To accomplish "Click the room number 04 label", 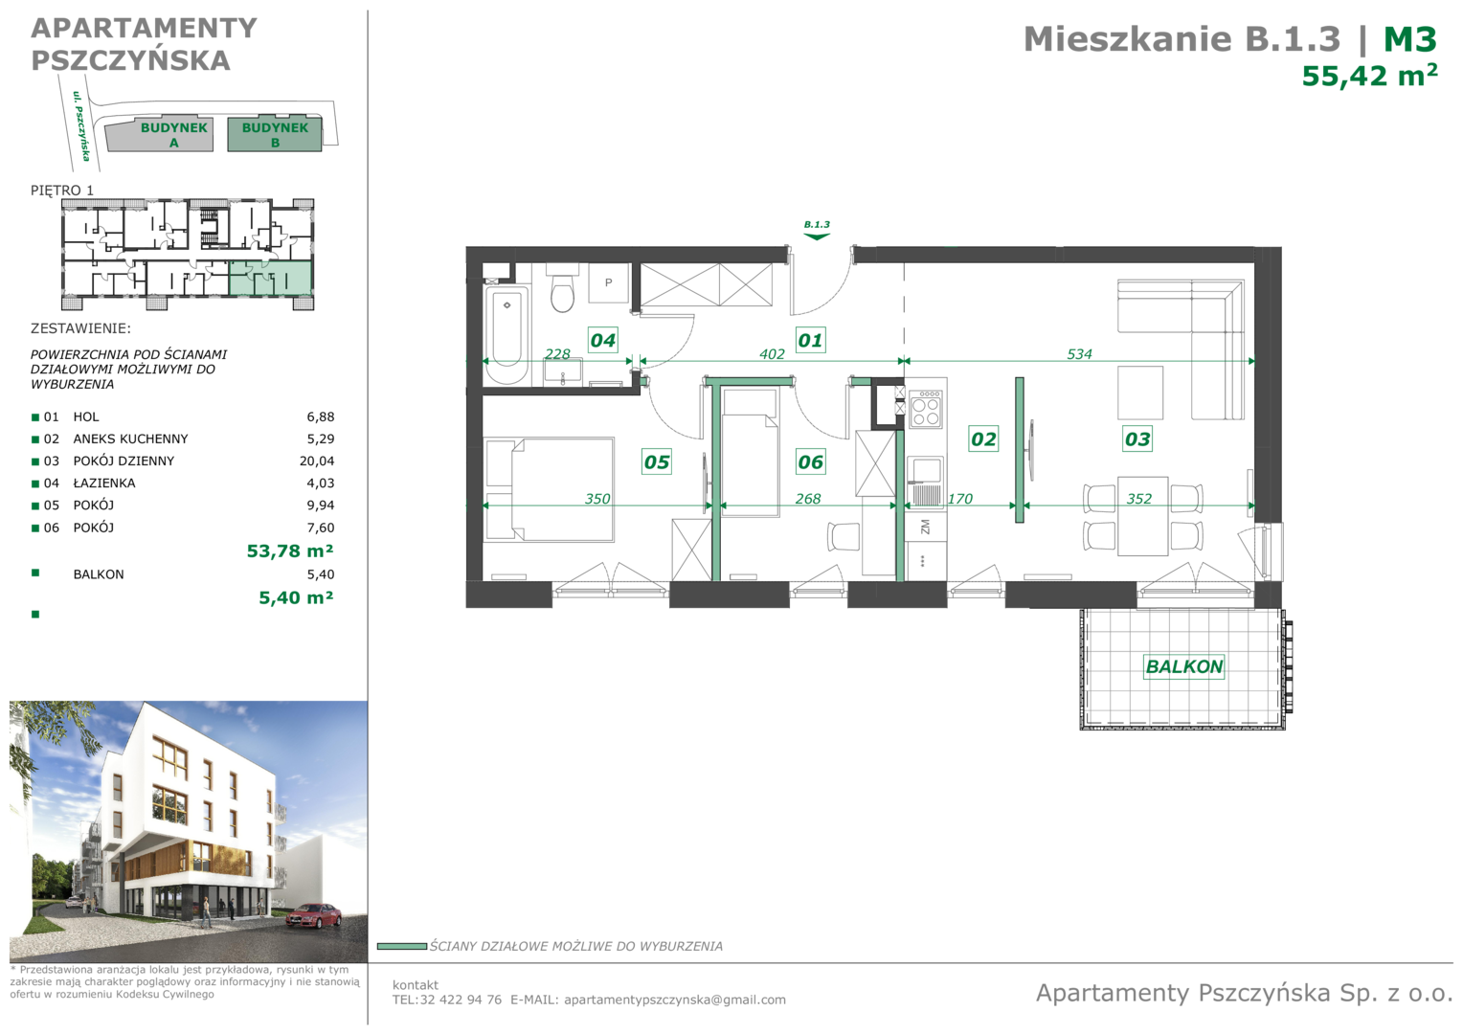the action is pos(603,340).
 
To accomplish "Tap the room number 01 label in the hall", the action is pos(810,340).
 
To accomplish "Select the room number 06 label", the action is pos(810,461).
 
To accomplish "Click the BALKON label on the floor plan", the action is pos(1184,666).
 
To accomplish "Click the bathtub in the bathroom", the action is pos(506,334).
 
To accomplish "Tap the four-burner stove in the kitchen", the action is pos(926,409).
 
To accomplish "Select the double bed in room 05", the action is pos(549,489).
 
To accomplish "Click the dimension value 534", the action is pos(1079,354).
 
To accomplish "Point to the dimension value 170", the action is pos(960,499).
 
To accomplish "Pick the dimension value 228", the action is pos(557,354).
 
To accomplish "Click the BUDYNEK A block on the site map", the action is pos(160,136).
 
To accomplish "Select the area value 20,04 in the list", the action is pos(317,461).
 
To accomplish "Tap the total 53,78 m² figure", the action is pos(290,551).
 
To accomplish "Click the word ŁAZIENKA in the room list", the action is pos(104,483).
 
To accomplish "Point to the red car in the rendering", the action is pos(313,916).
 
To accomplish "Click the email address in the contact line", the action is pos(675,1000).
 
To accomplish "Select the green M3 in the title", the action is pos(1410,40).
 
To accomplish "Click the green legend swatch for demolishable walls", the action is pos(402,947).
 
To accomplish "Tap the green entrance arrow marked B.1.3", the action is pos(817,236).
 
